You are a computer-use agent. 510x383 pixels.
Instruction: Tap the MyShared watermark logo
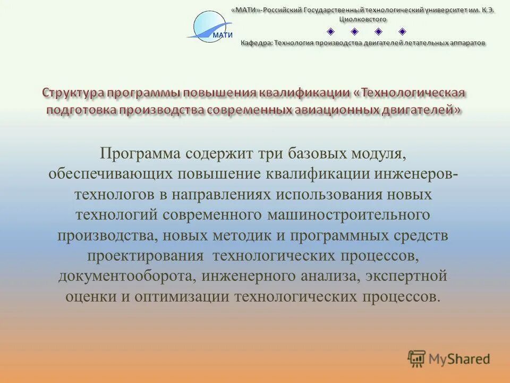coord(449,359)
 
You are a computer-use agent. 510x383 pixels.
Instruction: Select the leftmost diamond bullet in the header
coord(330,31)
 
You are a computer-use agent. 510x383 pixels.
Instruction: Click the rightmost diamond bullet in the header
coord(402,31)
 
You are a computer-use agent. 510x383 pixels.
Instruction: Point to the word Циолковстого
coord(363,19)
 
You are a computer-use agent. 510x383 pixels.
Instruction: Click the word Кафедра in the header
coord(257,43)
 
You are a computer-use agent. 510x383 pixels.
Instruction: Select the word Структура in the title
coord(72,93)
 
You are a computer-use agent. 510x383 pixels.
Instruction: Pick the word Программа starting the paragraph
coord(140,154)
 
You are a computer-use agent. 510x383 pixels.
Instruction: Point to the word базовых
coord(316,154)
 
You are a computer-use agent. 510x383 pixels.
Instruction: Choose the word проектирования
coord(146,255)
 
